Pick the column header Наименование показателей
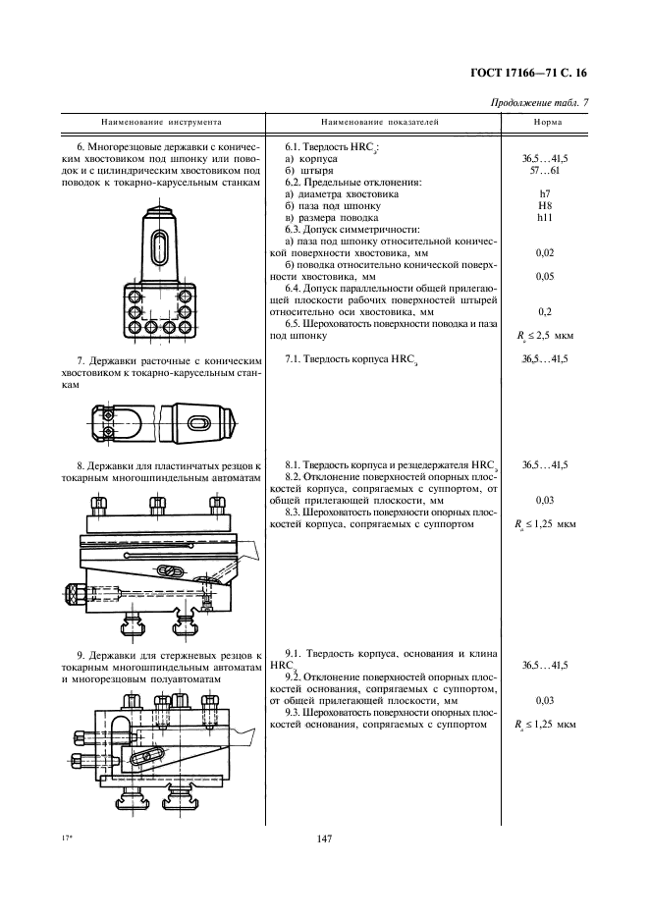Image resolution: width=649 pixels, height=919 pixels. click(x=380, y=124)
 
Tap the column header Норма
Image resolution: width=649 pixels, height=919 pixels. click(x=547, y=124)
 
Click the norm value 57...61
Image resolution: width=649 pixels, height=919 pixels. click(x=547, y=169)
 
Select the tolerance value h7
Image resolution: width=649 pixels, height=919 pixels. click(x=547, y=194)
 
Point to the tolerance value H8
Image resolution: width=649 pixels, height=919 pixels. click(x=547, y=206)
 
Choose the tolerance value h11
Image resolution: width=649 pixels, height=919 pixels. click(x=547, y=218)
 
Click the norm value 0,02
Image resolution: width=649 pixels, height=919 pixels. click(x=546, y=253)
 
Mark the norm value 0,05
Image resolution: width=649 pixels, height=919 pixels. click(x=546, y=277)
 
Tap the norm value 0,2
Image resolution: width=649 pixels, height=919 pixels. click(x=546, y=312)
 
